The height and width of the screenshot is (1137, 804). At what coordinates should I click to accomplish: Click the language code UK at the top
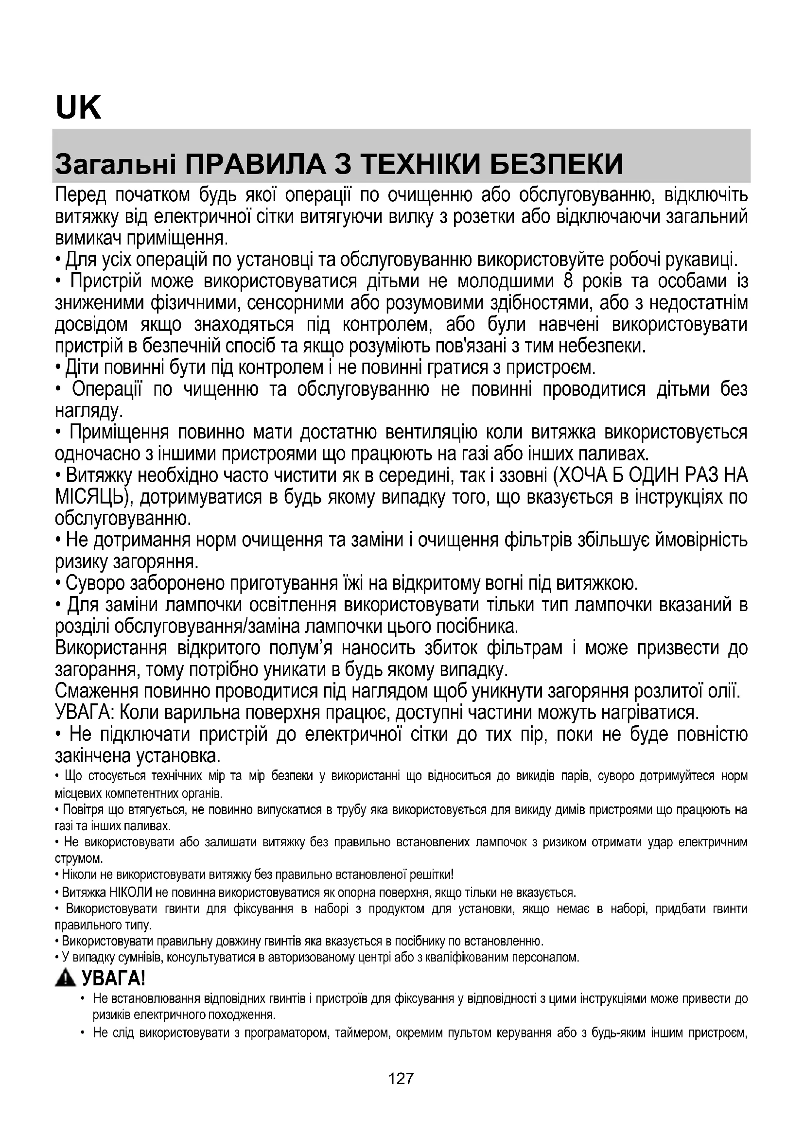(x=78, y=108)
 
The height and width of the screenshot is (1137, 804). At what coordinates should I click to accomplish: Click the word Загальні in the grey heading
(x=115, y=164)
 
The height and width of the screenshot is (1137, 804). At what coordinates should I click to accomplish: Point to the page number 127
(x=401, y=1078)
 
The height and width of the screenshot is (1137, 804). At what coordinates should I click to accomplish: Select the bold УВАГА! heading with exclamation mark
(x=113, y=978)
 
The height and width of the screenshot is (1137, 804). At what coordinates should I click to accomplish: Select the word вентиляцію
(x=431, y=432)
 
